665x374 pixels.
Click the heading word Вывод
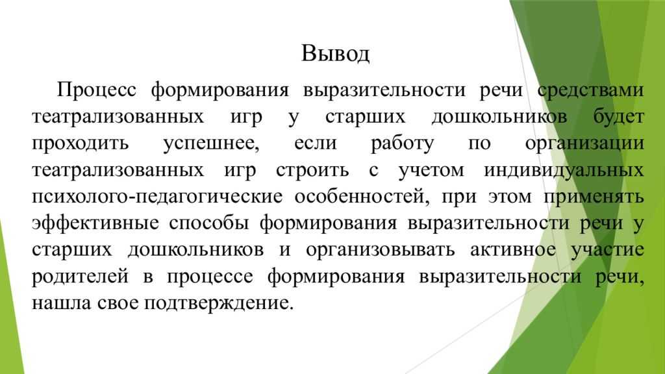336,54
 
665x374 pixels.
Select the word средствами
590,91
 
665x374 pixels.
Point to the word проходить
80,144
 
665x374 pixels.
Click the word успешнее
211,144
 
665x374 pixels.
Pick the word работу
402,144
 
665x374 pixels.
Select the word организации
584,144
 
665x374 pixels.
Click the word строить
312,171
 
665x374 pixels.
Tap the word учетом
431,171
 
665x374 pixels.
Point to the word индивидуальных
564,171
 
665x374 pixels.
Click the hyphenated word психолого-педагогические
157,197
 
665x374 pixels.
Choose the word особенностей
362,196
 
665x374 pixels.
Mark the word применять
594,197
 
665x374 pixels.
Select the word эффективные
95,223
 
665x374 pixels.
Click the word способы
208,223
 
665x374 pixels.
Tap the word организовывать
380,250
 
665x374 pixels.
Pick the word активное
513,250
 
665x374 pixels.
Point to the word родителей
80,277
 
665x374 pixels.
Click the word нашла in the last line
61,304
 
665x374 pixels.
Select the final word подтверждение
218,304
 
